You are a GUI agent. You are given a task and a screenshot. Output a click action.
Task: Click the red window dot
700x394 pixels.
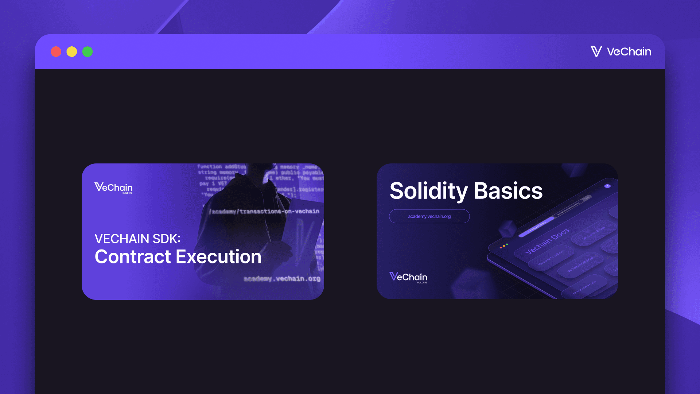click(56, 52)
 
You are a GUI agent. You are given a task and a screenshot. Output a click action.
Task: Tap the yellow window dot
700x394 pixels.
click(72, 52)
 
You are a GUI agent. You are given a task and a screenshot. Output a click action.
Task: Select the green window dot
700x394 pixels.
click(87, 52)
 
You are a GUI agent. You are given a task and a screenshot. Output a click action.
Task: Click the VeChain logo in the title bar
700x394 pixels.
click(621, 51)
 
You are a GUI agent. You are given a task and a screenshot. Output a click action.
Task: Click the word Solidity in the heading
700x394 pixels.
click(428, 191)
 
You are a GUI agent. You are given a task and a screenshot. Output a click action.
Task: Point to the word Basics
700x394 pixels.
click(508, 191)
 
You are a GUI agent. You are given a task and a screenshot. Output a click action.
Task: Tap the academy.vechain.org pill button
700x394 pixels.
click(429, 216)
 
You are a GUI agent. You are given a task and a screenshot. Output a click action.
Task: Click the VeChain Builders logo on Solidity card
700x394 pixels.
click(408, 277)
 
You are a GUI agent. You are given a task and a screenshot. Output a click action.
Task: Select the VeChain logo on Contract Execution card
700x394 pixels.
click(113, 188)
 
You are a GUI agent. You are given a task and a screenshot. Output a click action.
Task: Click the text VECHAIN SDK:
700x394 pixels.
click(137, 239)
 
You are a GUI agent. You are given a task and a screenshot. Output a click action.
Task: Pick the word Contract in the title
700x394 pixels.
click(133, 257)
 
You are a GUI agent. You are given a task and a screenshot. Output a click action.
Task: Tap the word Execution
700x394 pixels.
click(219, 257)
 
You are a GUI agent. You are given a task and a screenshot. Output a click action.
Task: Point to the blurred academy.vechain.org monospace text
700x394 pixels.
click(282, 279)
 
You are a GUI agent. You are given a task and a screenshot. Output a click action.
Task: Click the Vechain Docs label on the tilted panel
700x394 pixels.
click(547, 242)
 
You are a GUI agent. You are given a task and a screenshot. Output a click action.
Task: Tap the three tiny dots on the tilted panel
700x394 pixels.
click(503, 246)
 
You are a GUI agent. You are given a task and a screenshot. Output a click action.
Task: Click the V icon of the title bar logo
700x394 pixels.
click(596, 51)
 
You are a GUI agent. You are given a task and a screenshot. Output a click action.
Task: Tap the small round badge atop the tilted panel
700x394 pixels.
click(607, 186)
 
